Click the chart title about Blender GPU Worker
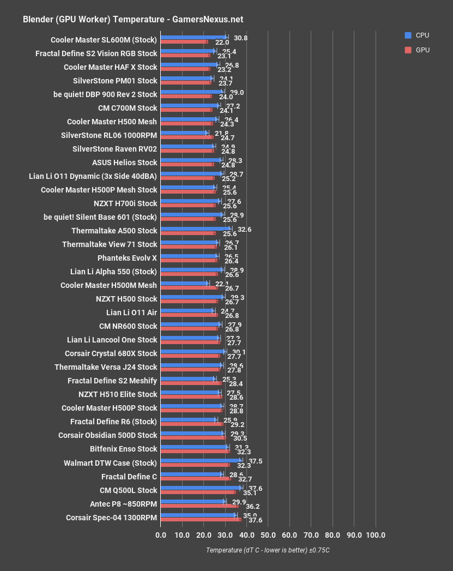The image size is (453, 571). [x=133, y=20]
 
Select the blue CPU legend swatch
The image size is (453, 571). [x=408, y=35]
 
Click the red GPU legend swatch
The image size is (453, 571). [x=408, y=50]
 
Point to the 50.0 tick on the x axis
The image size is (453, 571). [x=268, y=535]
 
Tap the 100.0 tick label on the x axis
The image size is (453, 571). [x=376, y=535]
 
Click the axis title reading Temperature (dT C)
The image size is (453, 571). [x=268, y=550]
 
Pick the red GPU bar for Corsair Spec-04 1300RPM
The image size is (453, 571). [x=201, y=519]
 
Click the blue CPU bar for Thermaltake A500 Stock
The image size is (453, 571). [x=196, y=229]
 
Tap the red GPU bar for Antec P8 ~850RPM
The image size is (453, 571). [x=199, y=506]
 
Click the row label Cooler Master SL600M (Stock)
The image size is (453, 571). [x=104, y=40]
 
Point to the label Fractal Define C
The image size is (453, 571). [x=129, y=476]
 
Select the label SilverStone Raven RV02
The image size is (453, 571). [x=114, y=149]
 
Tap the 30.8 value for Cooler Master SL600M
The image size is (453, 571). [x=240, y=38]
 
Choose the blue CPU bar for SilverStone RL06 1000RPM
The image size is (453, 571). [x=184, y=133]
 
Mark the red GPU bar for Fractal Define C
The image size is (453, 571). [x=195, y=478]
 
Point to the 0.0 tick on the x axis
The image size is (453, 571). [x=161, y=535]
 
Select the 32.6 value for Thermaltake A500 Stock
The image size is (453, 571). [x=244, y=229]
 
